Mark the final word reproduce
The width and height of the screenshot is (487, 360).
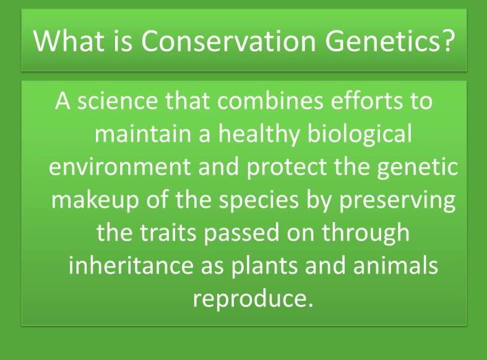(x=250, y=299)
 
